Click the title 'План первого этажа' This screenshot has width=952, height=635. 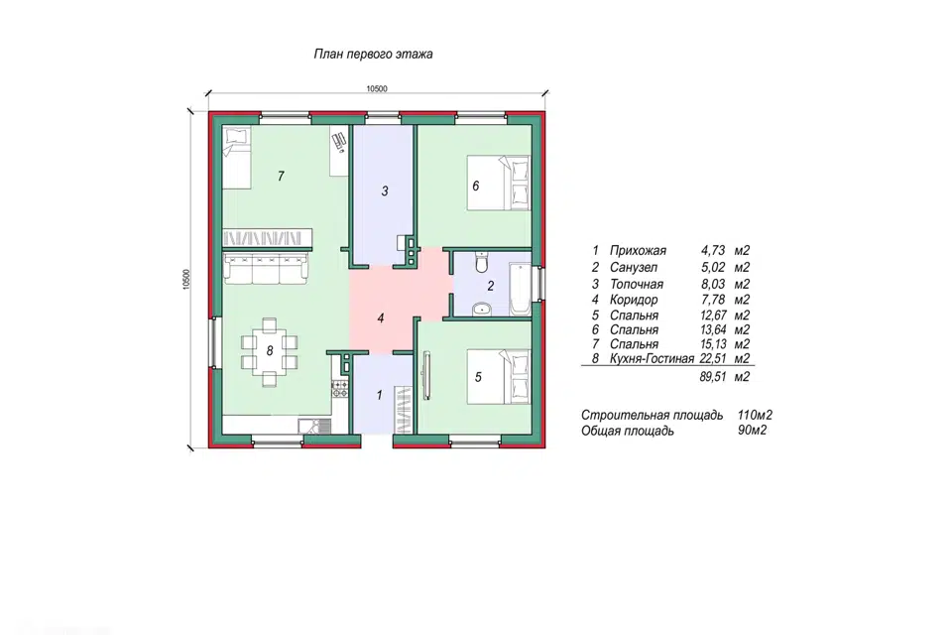(x=373, y=55)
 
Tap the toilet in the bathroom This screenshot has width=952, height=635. (x=482, y=262)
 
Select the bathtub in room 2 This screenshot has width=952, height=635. (x=521, y=290)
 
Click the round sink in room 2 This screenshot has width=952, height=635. (x=482, y=309)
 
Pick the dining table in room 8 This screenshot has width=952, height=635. (x=270, y=350)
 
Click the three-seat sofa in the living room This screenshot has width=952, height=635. (x=266, y=270)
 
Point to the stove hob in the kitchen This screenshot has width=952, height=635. (x=340, y=390)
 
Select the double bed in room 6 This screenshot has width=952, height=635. (x=498, y=183)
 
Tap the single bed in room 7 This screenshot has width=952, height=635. (x=236, y=158)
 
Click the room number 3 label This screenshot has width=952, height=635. (x=385, y=191)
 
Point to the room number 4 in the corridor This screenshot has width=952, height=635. (x=381, y=317)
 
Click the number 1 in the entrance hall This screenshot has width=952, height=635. (x=380, y=395)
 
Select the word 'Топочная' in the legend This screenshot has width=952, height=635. (x=637, y=284)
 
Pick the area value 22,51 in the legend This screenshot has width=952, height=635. (x=713, y=358)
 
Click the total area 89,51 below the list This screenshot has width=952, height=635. (x=713, y=377)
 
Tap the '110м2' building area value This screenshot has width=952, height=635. (x=755, y=416)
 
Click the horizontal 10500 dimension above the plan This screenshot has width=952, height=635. (x=377, y=88)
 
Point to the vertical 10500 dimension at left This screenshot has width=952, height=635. (x=186, y=280)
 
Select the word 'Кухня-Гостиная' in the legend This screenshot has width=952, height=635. (x=652, y=359)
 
